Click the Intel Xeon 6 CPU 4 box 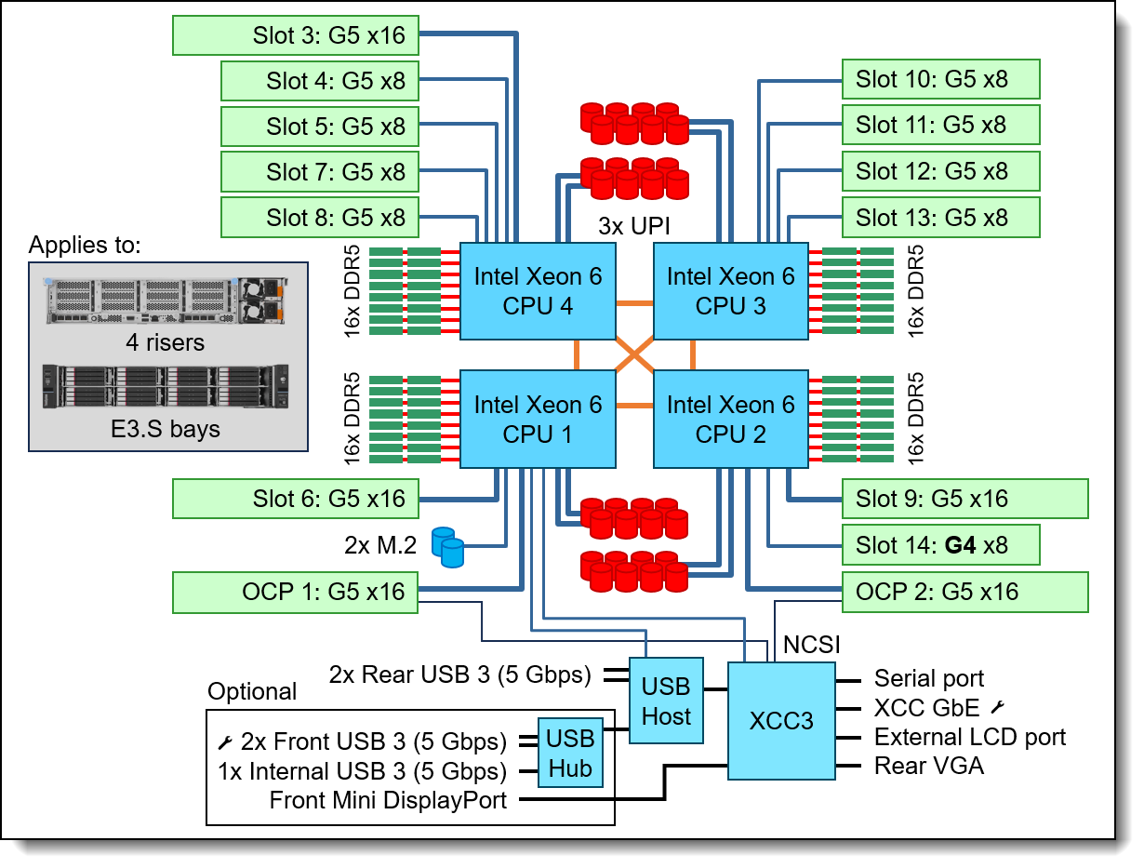[538, 291]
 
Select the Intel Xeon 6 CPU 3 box [730, 291]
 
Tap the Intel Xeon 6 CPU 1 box [538, 420]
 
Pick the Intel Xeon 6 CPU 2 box [730, 420]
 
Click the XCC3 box [781, 721]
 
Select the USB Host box [666, 701]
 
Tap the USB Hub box [570, 754]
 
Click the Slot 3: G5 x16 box [296, 35]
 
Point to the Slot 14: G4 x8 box [940, 545]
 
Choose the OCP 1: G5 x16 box [296, 592]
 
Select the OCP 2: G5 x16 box [964, 592]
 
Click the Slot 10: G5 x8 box [940, 79]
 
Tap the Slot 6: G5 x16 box [296, 499]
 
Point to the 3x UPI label [635, 225]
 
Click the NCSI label [813, 645]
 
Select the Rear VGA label [928, 766]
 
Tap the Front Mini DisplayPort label [388, 800]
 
